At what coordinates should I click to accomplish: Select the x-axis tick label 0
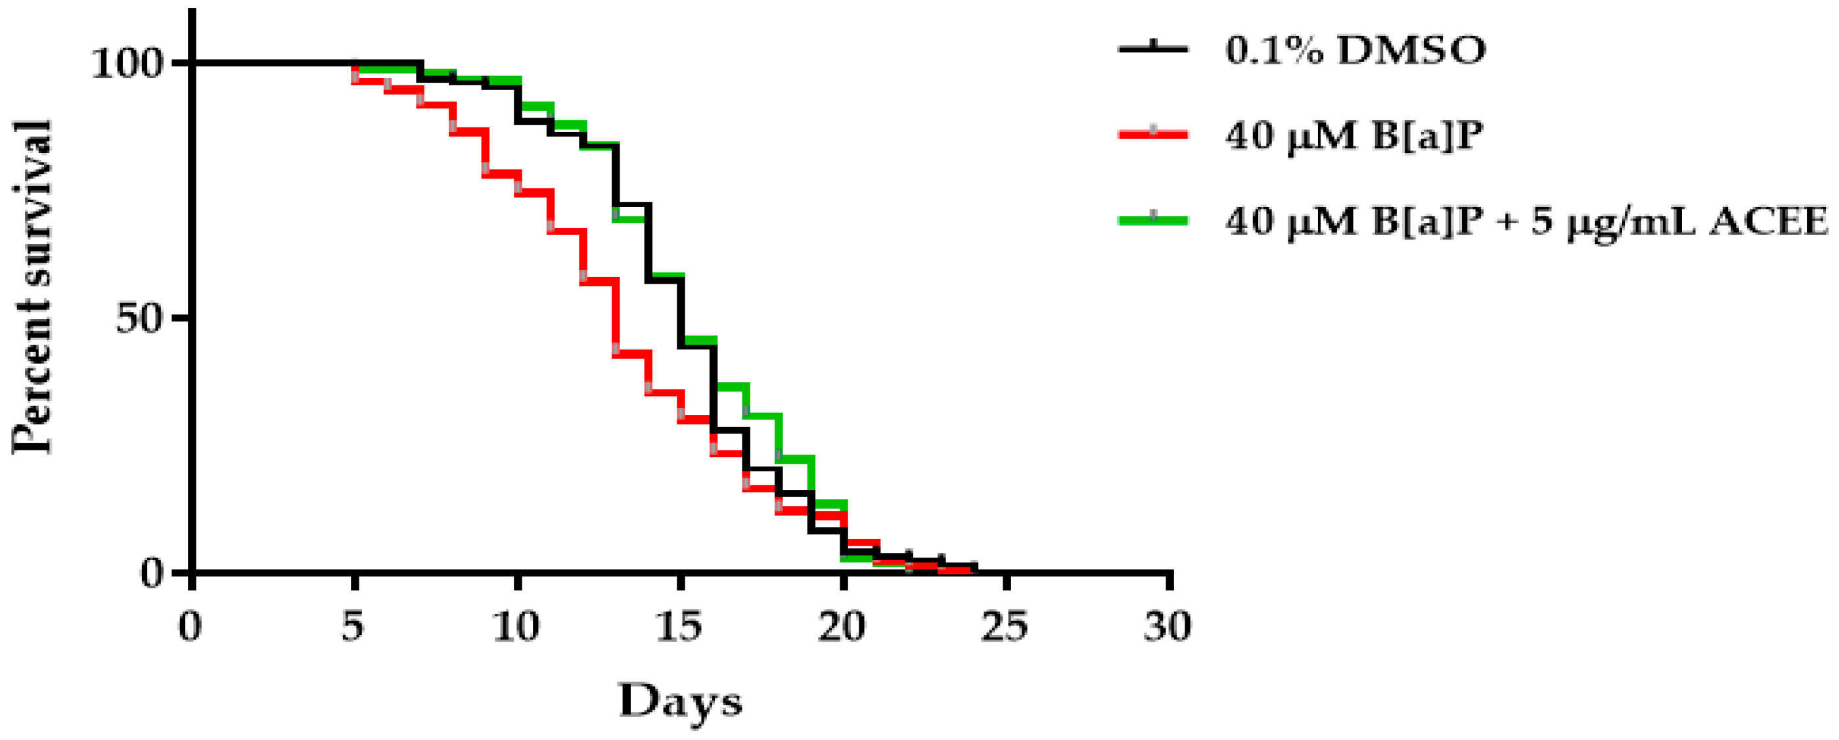click(x=191, y=626)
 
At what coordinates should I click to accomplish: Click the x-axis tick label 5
click(x=353, y=626)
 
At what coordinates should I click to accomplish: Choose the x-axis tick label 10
click(x=516, y=626)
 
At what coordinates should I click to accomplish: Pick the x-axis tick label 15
click(x=679, y=626)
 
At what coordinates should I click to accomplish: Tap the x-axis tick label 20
click(x=842, y=626)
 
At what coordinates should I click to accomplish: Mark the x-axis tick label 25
click(x=1005, y=626)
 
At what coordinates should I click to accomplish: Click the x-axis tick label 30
click(x=1168, y=626)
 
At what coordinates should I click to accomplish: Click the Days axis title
click(x=680, y=701)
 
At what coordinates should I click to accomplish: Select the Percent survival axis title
click(x=33, y=287)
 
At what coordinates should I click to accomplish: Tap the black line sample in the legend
click(x=1153, y=49)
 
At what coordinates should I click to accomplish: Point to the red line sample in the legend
click(x=1153, y=134)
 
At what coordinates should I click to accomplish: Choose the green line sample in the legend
click(x=1153, y=221)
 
